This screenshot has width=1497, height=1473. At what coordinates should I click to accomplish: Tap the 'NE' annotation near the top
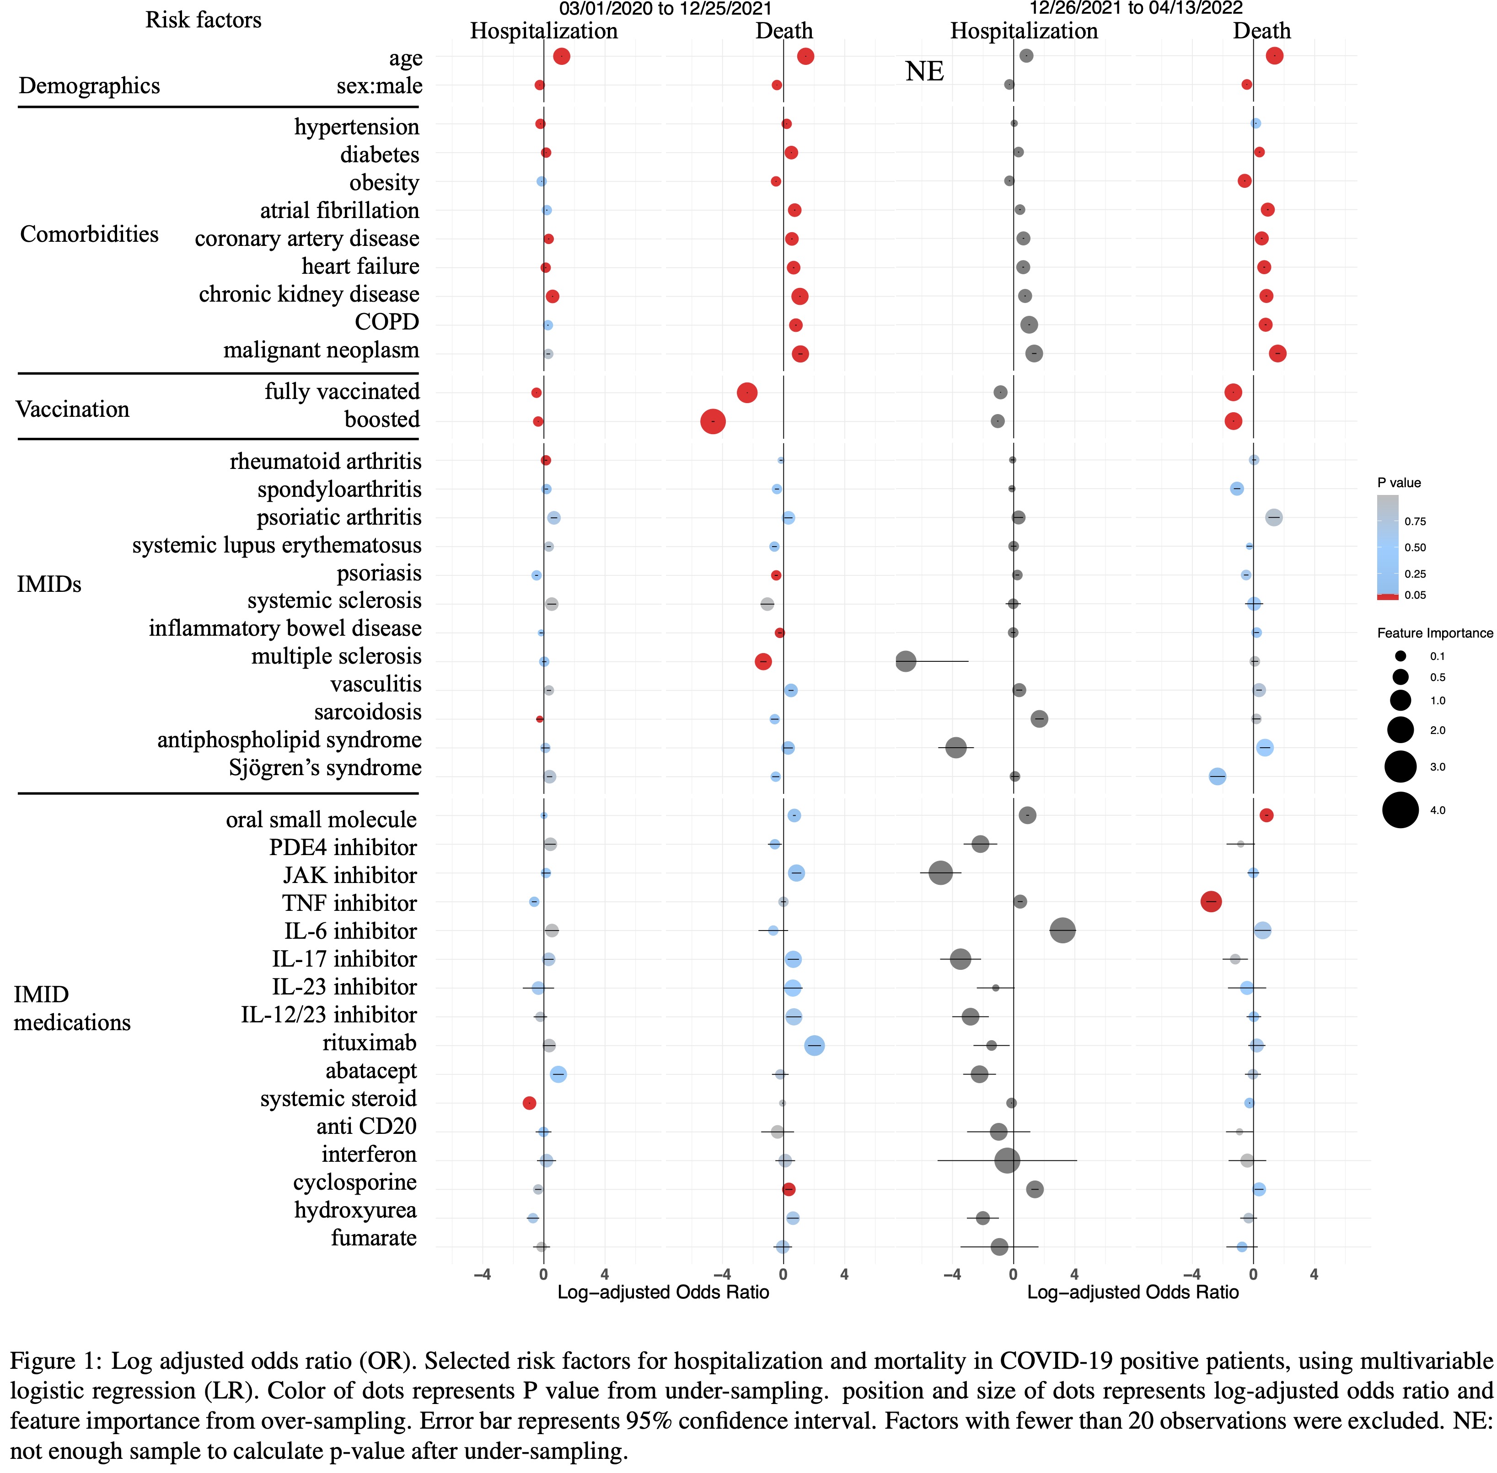pos(924,71)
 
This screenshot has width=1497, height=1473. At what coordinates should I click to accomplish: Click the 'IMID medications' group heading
pos(72,1008)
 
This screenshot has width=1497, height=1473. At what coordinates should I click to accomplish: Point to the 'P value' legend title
pos(1399,483)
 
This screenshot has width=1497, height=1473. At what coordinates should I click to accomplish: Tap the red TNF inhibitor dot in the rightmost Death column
pos(1211,901)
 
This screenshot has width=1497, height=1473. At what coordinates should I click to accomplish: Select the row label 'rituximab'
pos(369,1043)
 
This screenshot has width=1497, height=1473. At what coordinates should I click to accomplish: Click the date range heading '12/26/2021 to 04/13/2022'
pos(1136,9)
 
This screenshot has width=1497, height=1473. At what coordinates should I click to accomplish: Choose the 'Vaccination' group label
pos(73,409)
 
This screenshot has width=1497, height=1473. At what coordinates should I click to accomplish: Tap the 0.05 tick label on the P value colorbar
pos(1415,595)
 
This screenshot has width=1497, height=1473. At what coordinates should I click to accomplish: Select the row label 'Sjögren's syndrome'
pos(325,768)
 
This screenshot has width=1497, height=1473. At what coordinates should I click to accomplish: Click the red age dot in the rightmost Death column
pos(1274,56)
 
